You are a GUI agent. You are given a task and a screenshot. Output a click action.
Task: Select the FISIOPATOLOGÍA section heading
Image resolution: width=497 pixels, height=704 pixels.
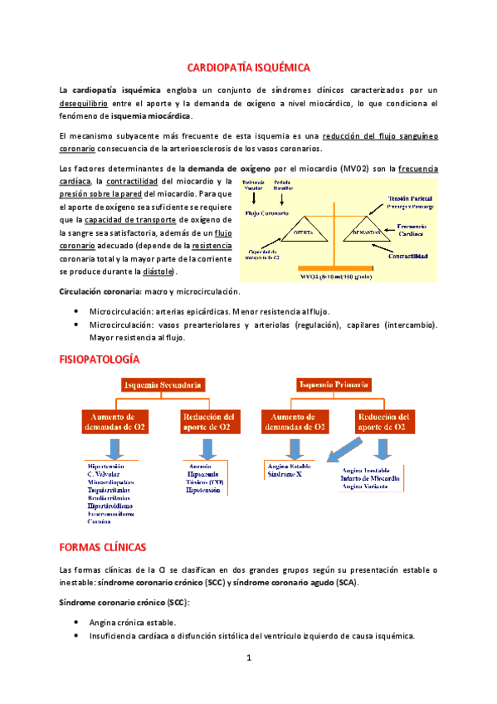click(99, 359)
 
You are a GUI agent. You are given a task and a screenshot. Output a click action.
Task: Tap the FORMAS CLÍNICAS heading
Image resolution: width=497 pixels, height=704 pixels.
click(102, 547)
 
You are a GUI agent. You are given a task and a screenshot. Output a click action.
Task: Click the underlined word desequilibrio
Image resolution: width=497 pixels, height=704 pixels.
click(84, 104)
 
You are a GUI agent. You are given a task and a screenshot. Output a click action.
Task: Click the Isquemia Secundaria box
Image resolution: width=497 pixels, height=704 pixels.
click(165, 384)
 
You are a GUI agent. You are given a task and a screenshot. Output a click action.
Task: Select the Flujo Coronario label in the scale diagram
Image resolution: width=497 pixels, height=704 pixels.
click(266, 213)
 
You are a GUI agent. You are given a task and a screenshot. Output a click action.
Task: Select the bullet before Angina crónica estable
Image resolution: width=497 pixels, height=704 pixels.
click(77, 622)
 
